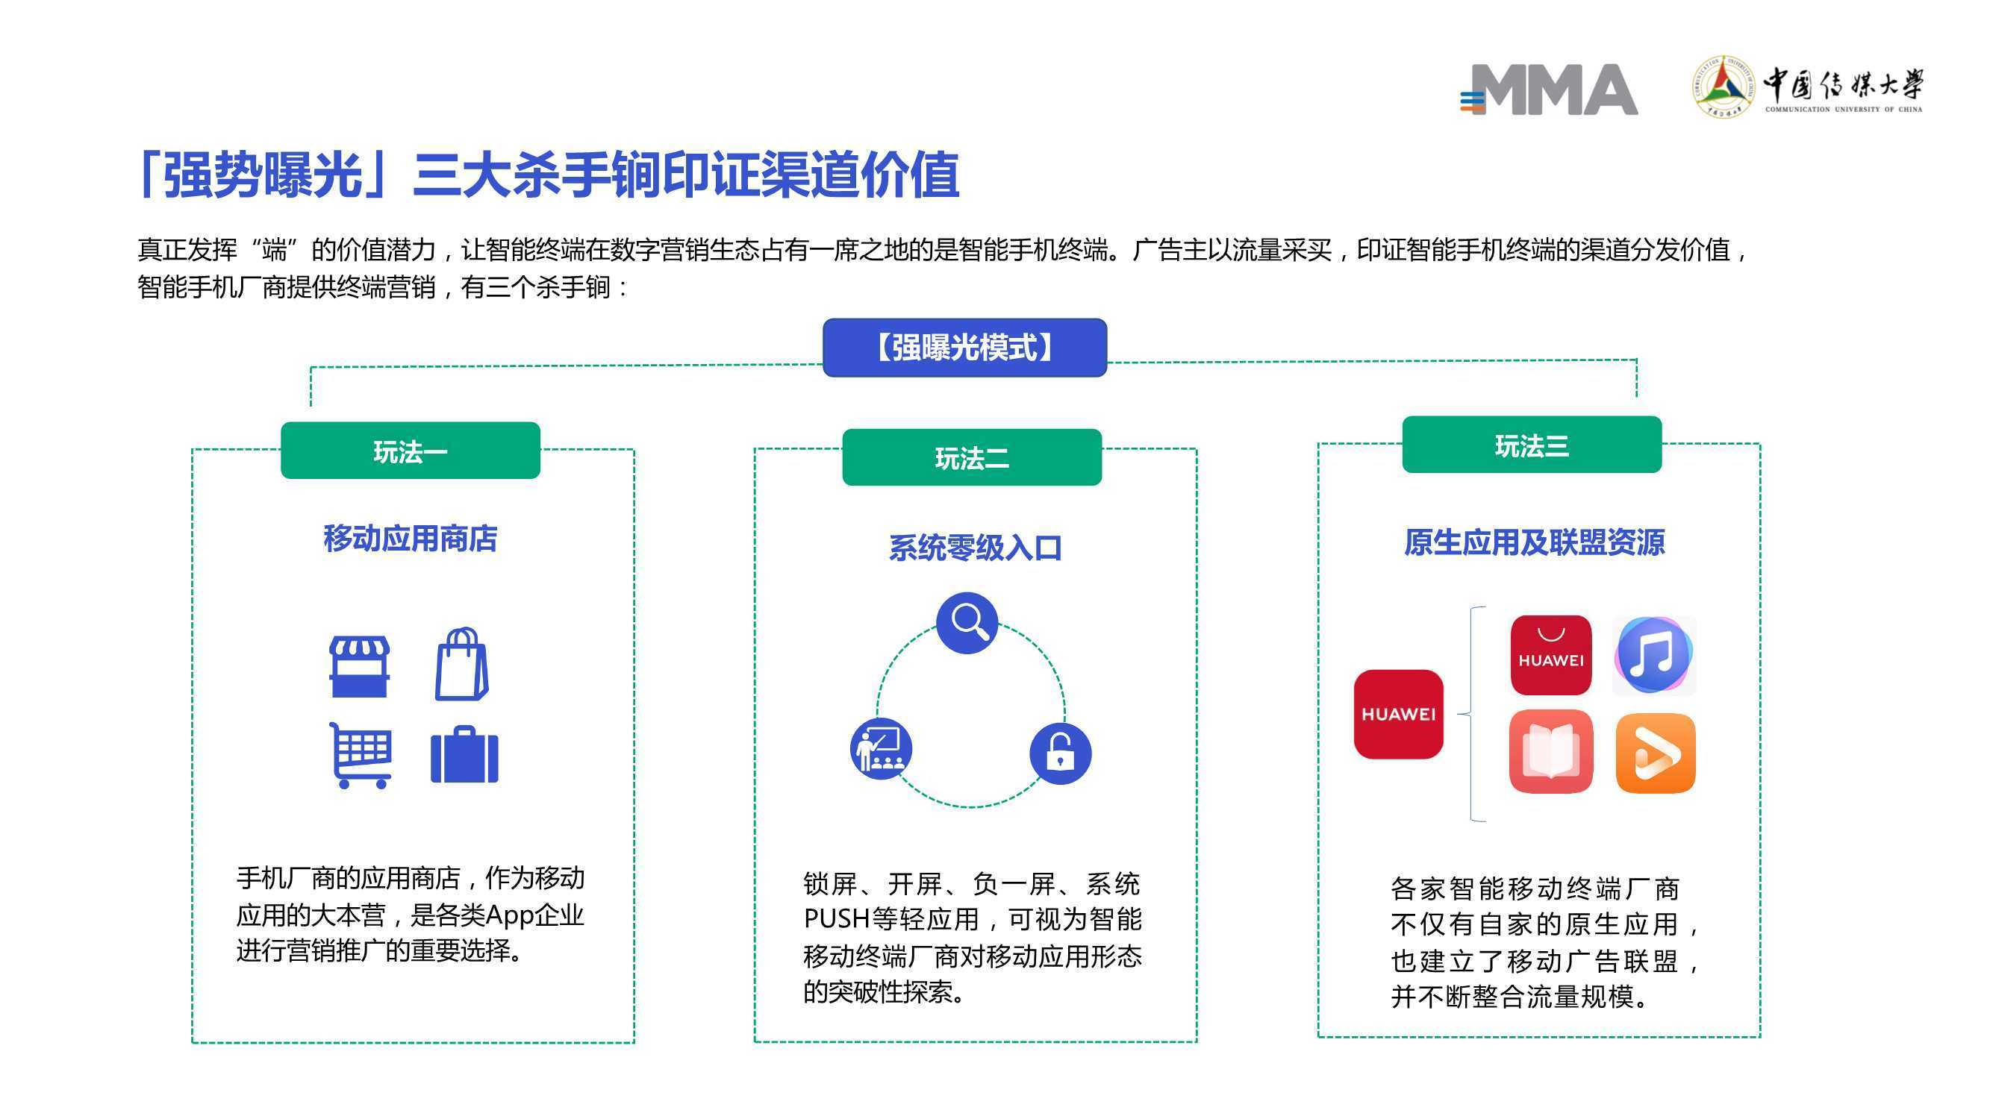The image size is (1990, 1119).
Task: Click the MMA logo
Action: point(1548,90)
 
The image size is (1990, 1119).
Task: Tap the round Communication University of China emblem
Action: point(1723,86)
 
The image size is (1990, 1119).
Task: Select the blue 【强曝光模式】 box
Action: point(964,348)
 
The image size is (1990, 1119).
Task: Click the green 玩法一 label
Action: point(411,451)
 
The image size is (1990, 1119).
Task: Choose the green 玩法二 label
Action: point(972,458)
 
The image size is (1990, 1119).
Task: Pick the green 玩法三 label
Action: point(1532,445)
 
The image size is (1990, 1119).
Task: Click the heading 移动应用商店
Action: point(411,539)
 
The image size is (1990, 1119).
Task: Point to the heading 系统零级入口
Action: point(975,548)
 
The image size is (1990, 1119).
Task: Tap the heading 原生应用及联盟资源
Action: point(1534,543)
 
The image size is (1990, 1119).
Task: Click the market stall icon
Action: point(359,667)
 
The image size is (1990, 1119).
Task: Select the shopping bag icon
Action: point(462,664)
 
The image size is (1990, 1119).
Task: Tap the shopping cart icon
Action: point(360,755)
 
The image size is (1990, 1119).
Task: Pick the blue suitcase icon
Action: point(464,754)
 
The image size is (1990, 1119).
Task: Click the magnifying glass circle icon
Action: point(967,622)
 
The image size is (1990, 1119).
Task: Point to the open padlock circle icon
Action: point(1061,753)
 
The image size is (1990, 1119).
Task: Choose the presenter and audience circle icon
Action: point(882,748)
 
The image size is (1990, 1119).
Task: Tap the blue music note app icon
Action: point(1654,656)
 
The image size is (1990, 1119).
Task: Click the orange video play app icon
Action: point(1656,753)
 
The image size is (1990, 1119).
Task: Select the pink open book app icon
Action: point(1551,751)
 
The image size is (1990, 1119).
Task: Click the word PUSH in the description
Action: point(837,919)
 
